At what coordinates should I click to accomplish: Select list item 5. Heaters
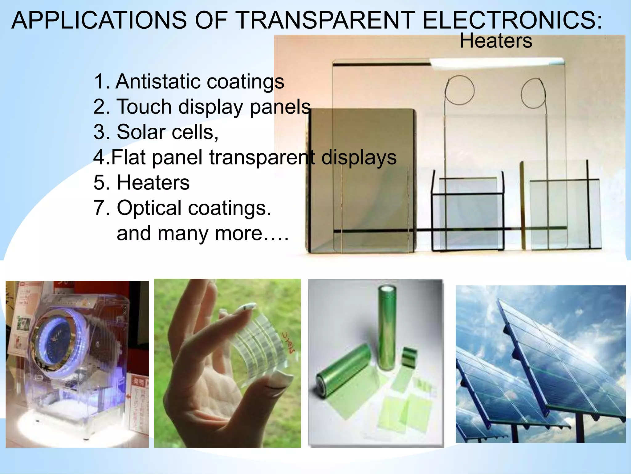coord(141,182)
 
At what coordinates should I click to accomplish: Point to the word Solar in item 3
coord(141,132)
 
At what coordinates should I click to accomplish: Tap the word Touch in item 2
coord(144,107)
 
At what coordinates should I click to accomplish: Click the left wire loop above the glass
coord(459,90)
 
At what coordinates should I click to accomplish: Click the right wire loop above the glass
coord(533,93)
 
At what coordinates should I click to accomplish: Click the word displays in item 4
coord(359,157)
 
